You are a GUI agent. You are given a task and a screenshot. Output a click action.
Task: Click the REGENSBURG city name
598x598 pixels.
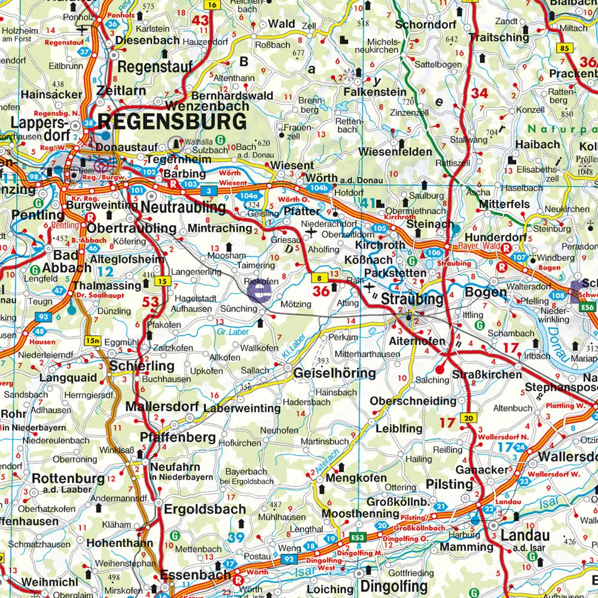click(172, 121)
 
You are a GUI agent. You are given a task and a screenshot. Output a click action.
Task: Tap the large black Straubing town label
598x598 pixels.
click(411, 299)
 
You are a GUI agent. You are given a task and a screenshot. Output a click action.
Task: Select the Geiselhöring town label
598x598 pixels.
click(334, 374)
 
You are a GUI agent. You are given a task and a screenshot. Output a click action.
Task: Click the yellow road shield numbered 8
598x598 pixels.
click(320, 277)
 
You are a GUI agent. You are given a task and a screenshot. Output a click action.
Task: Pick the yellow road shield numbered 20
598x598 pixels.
click(468, 418)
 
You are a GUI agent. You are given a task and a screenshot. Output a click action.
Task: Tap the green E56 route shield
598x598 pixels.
click(590, 307)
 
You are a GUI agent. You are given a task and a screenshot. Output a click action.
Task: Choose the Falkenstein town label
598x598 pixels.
click(374, 92)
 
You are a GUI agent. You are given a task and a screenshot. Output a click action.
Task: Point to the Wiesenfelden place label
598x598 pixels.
click(395, 152)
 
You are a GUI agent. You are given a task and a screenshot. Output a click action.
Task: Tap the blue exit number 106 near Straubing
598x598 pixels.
click(434, 253)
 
